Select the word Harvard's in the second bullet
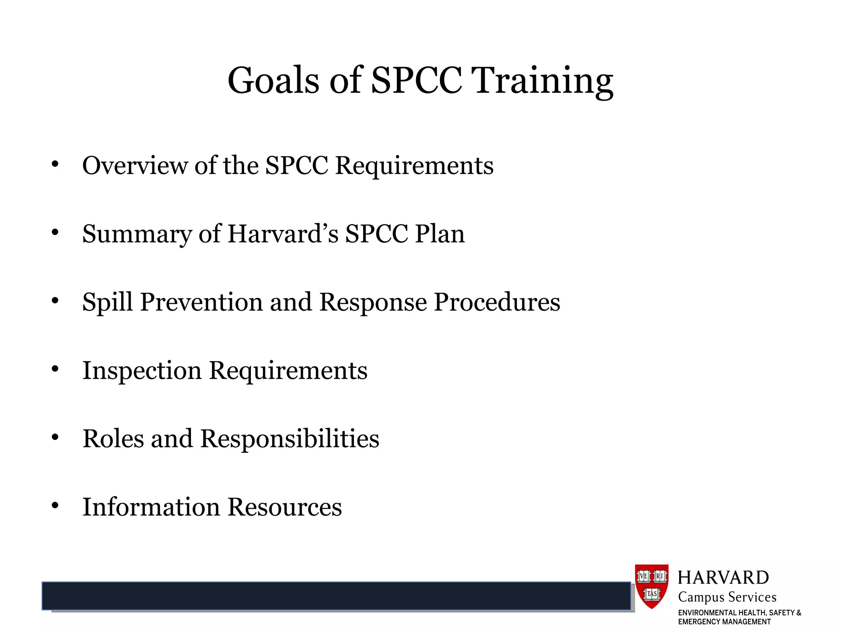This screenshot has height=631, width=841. (x=283, y=234)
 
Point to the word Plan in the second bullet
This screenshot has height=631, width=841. (x=439, y=234)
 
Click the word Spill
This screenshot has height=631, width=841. (x=108, y=302)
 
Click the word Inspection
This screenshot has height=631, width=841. (x=142, y=371)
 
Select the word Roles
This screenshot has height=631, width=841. (x=113, y=438)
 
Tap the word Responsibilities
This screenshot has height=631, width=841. (x=290, y=439)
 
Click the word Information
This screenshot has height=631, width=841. (x=151, y=507)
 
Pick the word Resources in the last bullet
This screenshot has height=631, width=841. (x=285, y=507)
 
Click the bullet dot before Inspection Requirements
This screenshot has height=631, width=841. (x=55, y=369)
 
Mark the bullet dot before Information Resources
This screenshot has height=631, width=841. (x=55, y=505)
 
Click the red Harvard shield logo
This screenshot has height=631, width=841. (x=652, y=586)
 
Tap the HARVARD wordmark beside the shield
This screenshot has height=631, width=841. (x=723, y=578)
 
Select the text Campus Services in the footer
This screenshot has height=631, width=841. (x=727, y=597)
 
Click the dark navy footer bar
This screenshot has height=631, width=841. (x=336, y=596)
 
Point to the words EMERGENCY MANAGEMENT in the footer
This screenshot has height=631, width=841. (x=724, y=622)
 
